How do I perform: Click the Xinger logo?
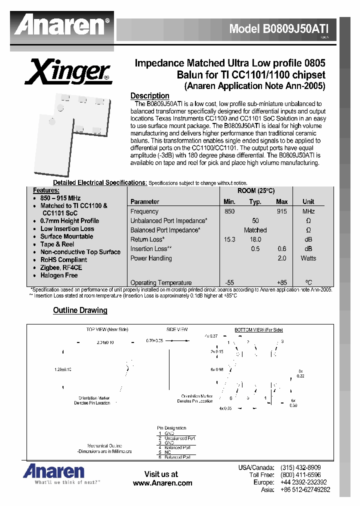pyautogui.click(x=70, y=71)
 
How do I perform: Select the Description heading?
pyautogui.click(x=149, y=96)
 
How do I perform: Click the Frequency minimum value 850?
pyautogui.click(x=229, y=211)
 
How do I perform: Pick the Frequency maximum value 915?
pyautogui.click(x=281, y=211)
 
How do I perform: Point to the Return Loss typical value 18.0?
pyautogui.click(x=255, y=239)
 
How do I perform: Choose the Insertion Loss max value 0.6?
pyautogui.click(x=282, y=249)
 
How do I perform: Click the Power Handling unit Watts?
pyautogui.click(x=308, y=258)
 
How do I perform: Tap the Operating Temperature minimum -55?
pyautogui.click(x=229, y=283)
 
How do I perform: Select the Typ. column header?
pyautogui.click(x=255, y=201)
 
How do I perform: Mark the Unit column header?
pyautogui.click(x=308, y=201)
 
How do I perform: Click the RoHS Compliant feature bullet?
pyautogui.click(x=63, y=260)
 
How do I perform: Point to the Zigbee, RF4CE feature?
pyautogui.click(x=61, y=267)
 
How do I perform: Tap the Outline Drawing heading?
pyautogui.click(x=80, y=310)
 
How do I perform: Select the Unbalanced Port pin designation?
pyautogui.click(x=177, y=438)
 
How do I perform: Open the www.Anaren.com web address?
pyautogui.click(x=162, y=483)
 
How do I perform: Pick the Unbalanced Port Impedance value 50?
pyautogui.click(x=255, y=221)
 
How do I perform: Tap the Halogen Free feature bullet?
pyautogui.click(x=59, y=275)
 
